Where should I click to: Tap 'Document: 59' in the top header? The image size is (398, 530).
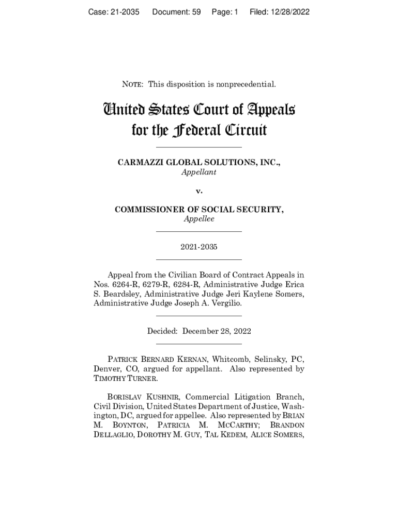176,12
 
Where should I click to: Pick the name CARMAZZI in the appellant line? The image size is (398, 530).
140,163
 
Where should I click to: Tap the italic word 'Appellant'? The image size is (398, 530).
198,172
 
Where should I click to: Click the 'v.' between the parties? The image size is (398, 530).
199,191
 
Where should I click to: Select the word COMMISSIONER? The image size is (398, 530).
146,210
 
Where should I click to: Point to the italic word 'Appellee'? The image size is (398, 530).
198,219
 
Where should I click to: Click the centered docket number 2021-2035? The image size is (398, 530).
199,247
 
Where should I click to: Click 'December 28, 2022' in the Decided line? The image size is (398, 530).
217,331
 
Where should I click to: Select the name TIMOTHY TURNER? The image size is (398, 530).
126,378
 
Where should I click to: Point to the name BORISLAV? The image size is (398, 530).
126,397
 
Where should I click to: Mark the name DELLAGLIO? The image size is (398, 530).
113,435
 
